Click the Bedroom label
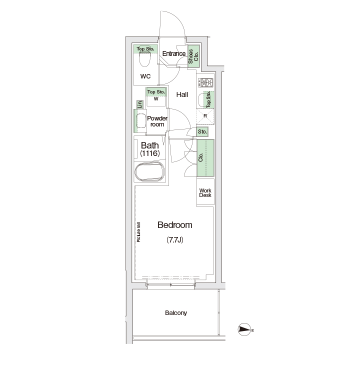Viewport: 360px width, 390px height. coord(175,225)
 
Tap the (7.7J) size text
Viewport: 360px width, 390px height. coord(175,240)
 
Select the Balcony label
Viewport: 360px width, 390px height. coord(176,312)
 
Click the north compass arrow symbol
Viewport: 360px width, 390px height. coord(245,329)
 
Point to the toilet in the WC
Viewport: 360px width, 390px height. coord(145,59)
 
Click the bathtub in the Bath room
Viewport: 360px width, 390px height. coord(150,172)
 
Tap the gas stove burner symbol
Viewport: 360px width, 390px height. coord(205,83)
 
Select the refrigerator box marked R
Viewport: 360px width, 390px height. coord(205,116)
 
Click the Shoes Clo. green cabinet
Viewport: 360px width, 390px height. coord(193,56)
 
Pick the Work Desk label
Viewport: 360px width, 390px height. coord(205,193)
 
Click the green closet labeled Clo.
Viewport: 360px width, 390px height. coord(205,158)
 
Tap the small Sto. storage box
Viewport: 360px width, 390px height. coord(202,131)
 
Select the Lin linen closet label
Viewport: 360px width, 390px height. coord(140,104)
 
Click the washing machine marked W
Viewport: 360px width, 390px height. coord(156,97)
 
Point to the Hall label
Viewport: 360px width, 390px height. coord(182,94)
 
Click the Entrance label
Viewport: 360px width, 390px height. coord(174,53)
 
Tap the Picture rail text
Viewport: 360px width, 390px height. coord(138,232)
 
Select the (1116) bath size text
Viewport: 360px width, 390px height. coord(150,153)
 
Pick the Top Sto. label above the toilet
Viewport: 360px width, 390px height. coord(145,49)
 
